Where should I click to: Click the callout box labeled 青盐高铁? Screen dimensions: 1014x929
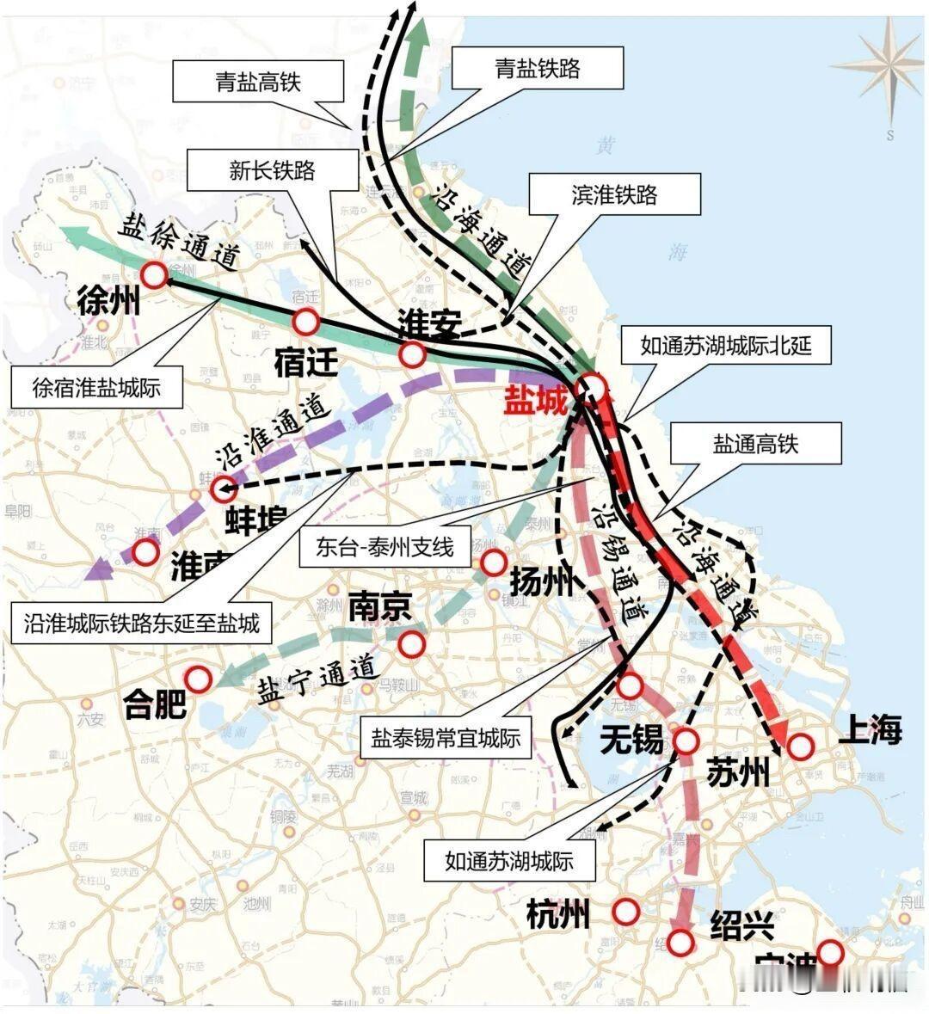(x=258, y=82)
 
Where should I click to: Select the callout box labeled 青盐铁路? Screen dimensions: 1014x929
(x=537, y=68)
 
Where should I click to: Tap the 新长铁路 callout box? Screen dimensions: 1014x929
(x=272, y=170)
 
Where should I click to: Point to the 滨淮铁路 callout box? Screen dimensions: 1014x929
(x=614, y=194)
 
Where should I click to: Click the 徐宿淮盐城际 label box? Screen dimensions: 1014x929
(x=97, y=387)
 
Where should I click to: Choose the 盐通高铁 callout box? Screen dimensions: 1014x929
(x=755, y=444)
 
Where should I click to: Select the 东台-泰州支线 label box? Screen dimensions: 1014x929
(x=385, y=547)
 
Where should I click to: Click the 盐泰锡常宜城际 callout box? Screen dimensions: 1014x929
(x=446, y=737)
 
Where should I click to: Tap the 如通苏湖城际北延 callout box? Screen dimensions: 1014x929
(x=725, y=347)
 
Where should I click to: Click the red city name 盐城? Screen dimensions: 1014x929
(x=536, y=401)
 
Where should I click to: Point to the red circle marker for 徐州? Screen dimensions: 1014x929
(x=156, y=275)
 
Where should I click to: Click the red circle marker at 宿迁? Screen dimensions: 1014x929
(x=306, y=323)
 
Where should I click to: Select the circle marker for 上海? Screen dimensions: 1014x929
(x=800, y=746)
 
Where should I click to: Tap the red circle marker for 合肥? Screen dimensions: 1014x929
(x=199, y=679)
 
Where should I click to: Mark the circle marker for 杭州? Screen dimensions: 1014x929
(x=626, y=911)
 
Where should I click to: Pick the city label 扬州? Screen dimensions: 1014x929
(x=541, y=583)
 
